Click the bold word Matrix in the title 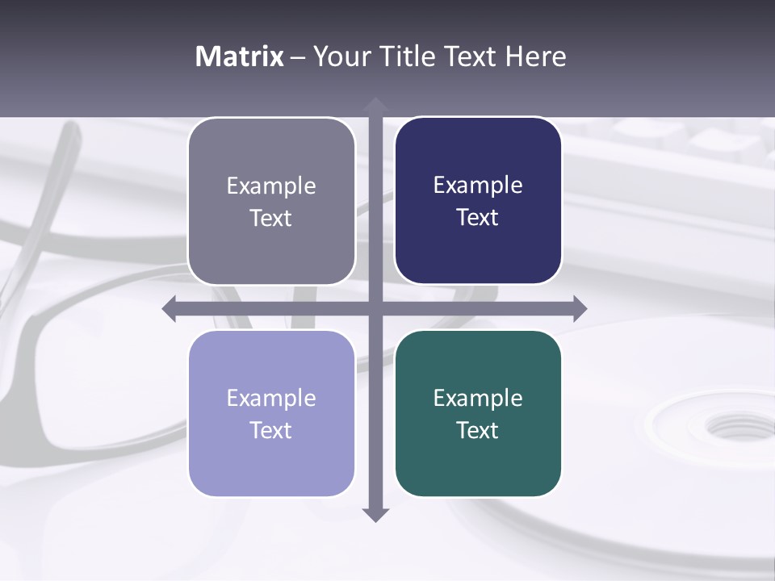(240, 56)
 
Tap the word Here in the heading (535, 56)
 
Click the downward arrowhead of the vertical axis (375, 514)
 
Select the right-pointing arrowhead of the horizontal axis (579, 308)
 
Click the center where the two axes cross (375, 308)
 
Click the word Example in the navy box (478, 186)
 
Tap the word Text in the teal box (478, 430)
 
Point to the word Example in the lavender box (271, 398)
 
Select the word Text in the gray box (271, 218)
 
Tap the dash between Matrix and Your (298, 57)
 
